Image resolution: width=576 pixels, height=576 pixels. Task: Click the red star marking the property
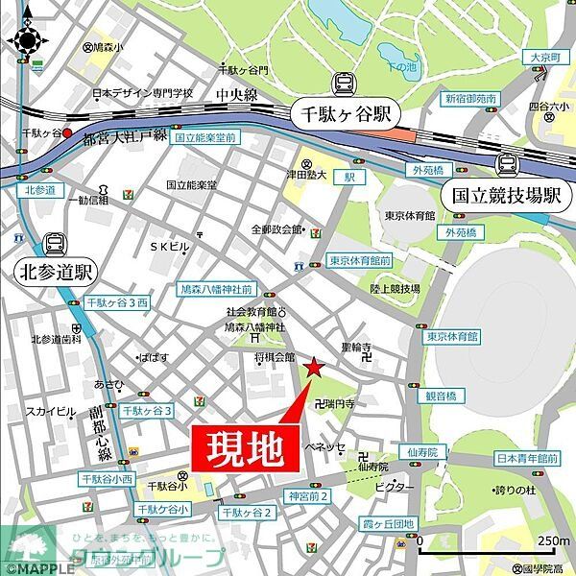tap(312, 367)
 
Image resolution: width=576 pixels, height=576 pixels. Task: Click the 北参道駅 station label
tap(54, 273)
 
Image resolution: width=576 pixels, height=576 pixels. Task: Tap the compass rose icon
tap(27, 39)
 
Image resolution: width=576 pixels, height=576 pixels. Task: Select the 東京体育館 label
tap(410, 214)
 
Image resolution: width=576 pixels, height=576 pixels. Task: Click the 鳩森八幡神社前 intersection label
tap(217, 287)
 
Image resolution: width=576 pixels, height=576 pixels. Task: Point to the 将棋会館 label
tap(275, 357)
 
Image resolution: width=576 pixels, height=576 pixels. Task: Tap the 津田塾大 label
tap(309, 175)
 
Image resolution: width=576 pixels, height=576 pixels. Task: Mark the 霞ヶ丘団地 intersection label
tap(388, 524)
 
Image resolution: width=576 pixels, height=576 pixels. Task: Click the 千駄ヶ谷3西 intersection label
tap(117, 302)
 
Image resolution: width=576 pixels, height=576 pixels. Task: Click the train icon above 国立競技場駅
tap(506, 164)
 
